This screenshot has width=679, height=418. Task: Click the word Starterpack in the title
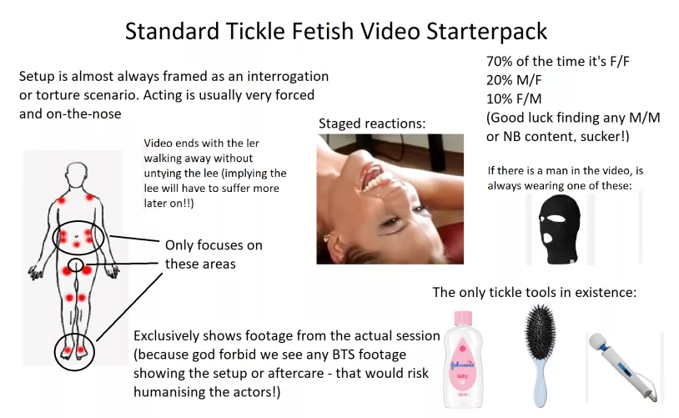click(486, 31)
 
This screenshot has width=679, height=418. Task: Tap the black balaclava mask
click(559, 229)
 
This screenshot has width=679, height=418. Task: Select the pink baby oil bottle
click(463, 359)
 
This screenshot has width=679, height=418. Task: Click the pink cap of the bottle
click(463, 318)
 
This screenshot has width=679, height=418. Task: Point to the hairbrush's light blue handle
click(540, 382)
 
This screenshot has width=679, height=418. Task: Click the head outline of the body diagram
click(77, 174)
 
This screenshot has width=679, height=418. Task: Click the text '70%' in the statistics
click(500, 62)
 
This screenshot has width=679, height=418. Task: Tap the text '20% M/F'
click(514, 80)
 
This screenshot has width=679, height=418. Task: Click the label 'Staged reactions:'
click(372, 123)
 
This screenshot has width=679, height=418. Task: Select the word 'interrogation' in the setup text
click(288, 76)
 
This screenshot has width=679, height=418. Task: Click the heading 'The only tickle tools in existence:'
click(535, 292)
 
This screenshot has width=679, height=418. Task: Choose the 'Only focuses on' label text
click(214, 245)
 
